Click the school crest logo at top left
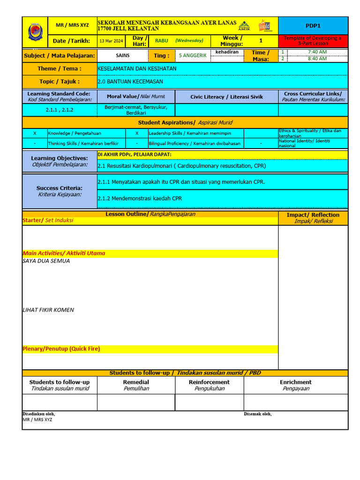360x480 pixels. pos(35,32)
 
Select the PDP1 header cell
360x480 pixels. pos(313,26)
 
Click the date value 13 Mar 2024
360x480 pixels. pos(111,41)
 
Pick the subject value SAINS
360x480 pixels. pos(123,55)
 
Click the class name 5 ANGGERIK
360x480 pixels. pos(193,55)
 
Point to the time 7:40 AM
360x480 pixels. pos(317,52)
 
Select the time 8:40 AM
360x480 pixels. pos(317,59)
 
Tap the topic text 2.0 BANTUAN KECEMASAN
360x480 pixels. pos(130,82)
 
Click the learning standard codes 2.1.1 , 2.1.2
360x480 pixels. pos(60,110)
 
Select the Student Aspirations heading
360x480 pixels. pos(185,123)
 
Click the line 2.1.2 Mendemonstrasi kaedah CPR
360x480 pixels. pos(140,198)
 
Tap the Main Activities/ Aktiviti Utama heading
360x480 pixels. pos(64,253)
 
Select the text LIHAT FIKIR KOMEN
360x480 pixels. pos(48,310)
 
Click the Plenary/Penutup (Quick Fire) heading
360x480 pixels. pos(61,349)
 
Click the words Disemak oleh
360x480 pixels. pos(257,414)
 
